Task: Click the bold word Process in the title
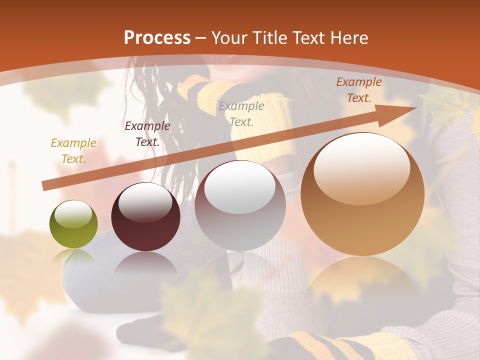pos(157,38)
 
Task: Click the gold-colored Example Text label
pos(73,151)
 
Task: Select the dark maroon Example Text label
pos(147,134)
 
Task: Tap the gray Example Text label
pos(241,113)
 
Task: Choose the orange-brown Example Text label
pos(359,90)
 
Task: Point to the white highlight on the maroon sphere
pos(145,202)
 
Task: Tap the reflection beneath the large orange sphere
pos(362,280)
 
